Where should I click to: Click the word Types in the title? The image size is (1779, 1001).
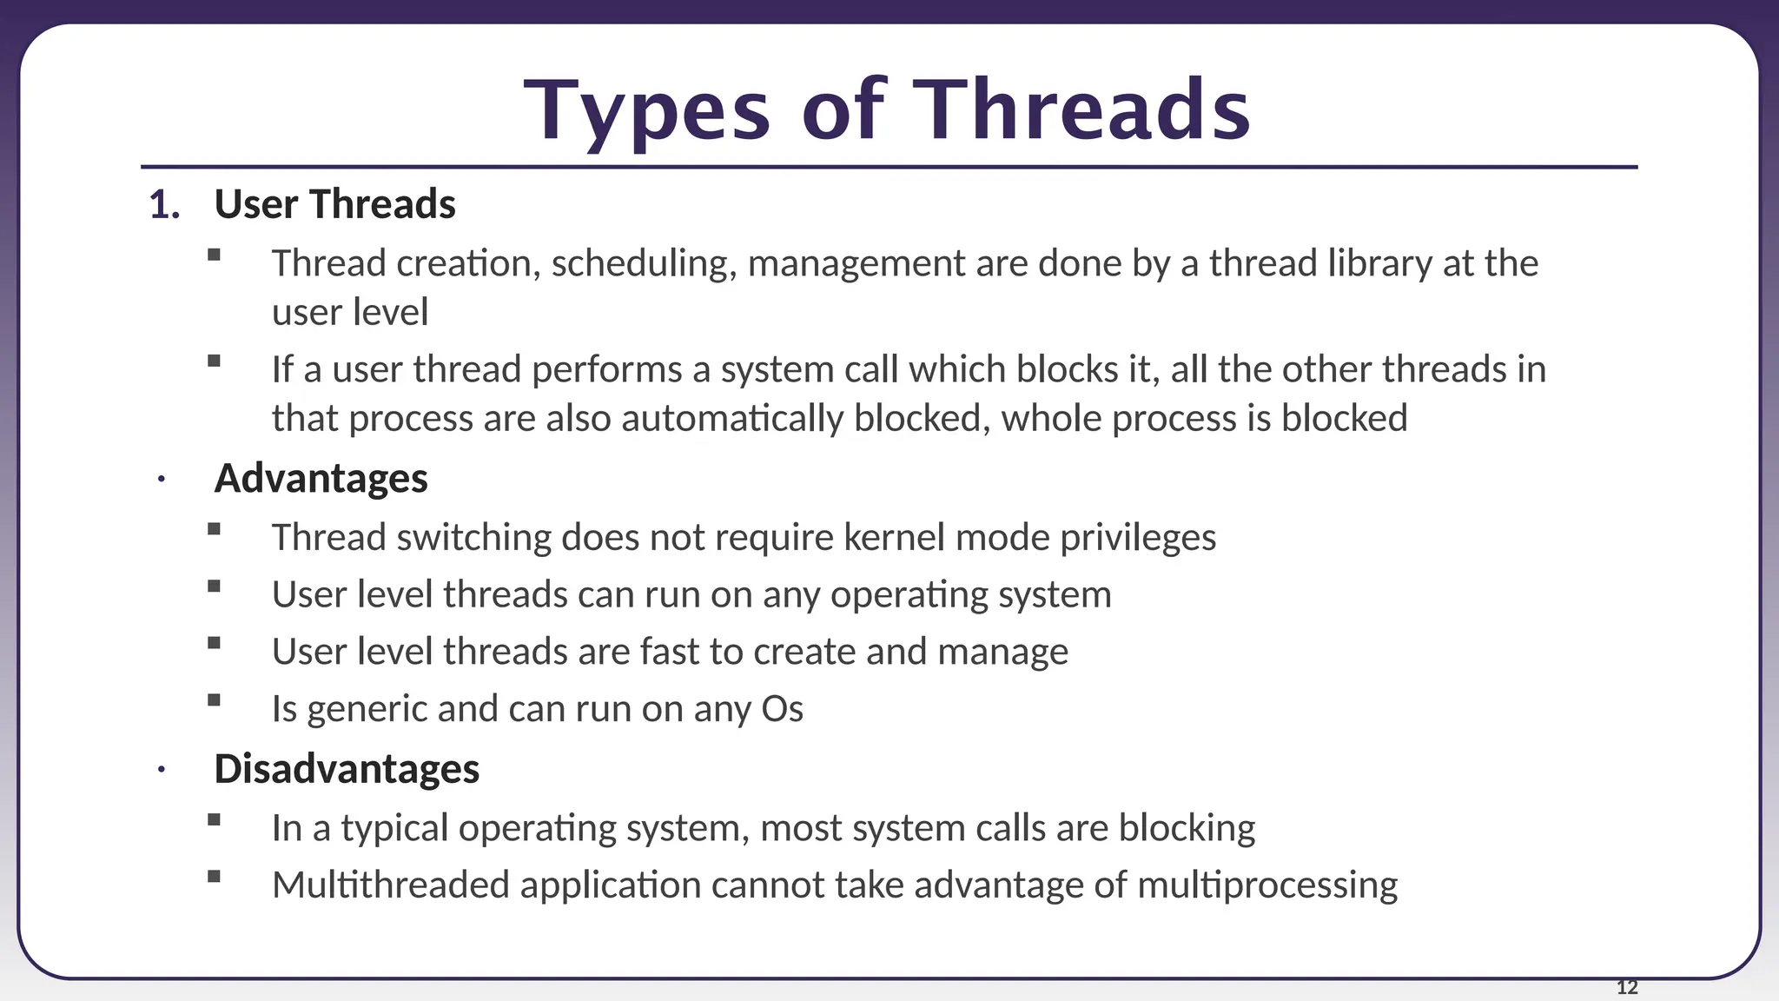click(647, 113)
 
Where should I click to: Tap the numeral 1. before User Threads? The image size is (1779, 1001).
click(164, 205)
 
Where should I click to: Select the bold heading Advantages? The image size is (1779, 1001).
click(321, 479)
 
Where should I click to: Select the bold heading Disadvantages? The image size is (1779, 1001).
click(347, 769)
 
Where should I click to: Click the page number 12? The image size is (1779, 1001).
click(1627, 987)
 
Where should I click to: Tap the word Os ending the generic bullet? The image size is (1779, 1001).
click(782, 709)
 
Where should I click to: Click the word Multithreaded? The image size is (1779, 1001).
click(390, 885)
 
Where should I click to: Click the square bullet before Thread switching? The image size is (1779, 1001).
click(215, 528)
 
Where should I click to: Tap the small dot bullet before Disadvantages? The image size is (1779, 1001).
click(161, 770)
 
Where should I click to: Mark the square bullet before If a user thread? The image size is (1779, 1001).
click(215, 361)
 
